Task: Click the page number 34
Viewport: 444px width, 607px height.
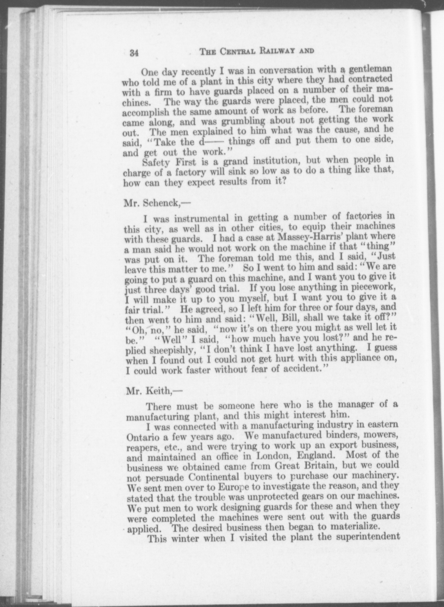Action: click(x=134, y=53)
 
